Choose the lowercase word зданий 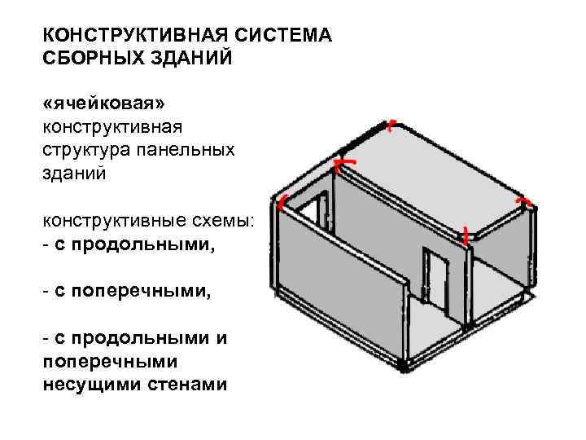74,174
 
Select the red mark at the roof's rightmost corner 525,199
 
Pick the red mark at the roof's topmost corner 391,125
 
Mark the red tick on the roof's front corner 464,237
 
